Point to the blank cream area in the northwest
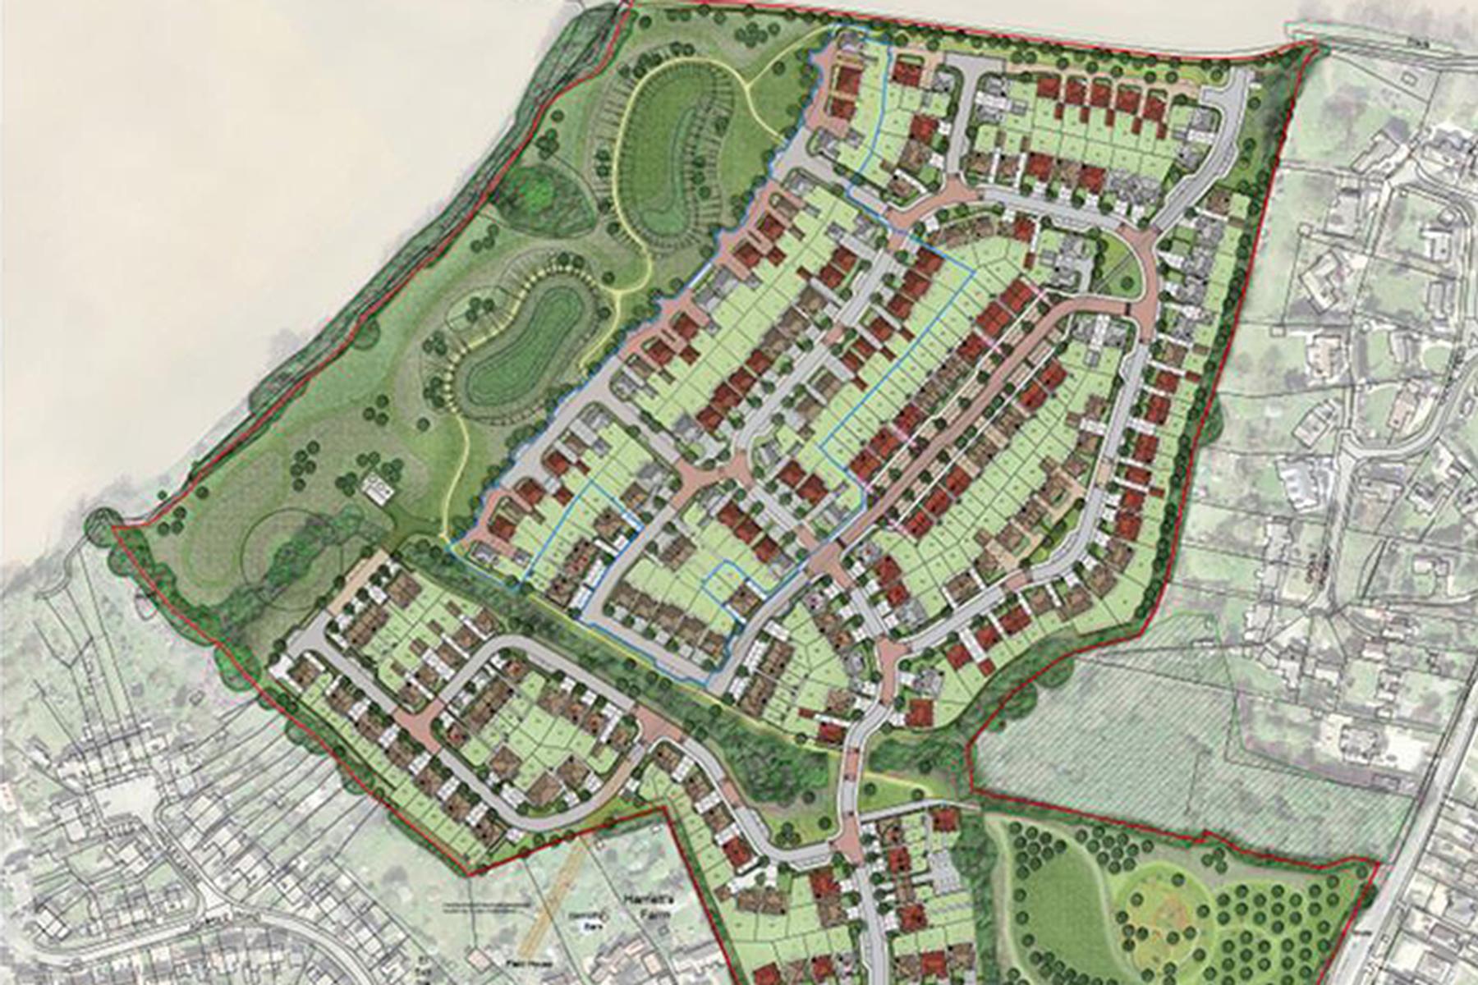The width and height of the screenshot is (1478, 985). click(205, 205)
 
